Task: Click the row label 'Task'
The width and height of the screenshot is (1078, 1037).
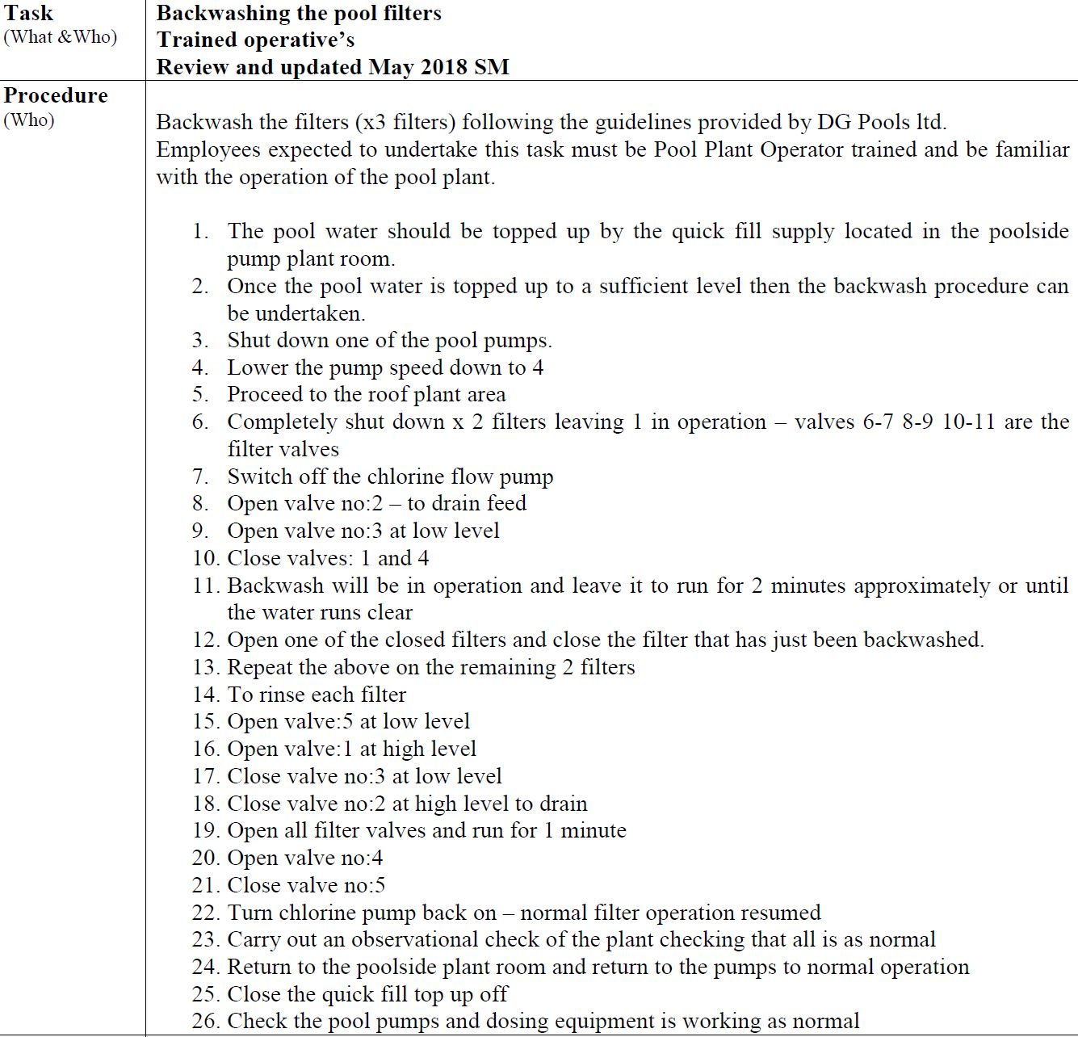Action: tap(29, 14)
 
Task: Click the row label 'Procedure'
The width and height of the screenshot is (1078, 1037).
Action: tap(56, 95)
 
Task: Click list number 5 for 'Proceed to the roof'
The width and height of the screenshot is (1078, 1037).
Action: tap(200, 395)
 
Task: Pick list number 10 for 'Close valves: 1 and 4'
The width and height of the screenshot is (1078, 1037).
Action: tap(205, 559)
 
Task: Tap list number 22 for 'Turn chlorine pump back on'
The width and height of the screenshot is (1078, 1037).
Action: tap(205, 913)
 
